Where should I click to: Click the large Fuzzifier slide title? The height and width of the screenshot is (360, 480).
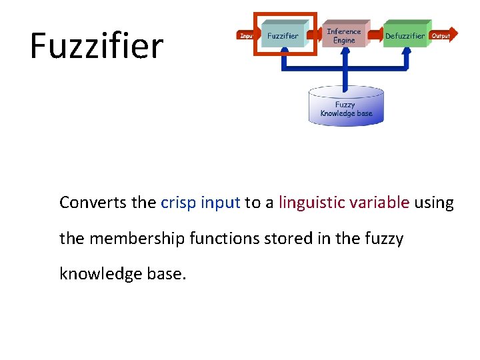[97, 45]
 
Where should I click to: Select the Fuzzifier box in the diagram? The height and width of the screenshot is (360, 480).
[283, 35]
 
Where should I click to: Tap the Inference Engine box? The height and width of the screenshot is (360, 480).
[343, 35]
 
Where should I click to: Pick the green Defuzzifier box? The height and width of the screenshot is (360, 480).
[405, 36]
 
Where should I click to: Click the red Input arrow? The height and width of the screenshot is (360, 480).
[246, 35]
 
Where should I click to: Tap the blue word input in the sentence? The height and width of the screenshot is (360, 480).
[220, 203]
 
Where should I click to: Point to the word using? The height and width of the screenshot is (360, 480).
[433, 203]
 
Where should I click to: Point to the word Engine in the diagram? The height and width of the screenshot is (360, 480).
[343, 41]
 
